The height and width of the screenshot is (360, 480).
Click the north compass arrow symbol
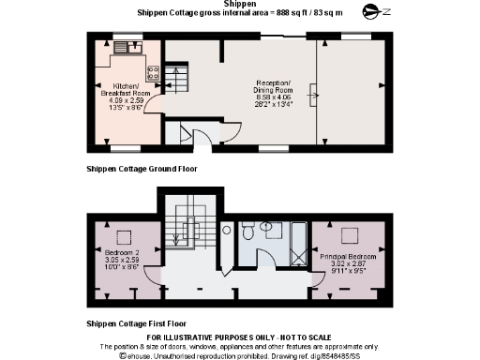coord(374,12)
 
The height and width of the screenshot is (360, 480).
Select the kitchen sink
coord(126,46)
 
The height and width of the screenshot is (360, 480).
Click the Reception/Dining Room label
coord(276,85)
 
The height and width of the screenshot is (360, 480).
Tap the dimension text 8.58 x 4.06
coord(276,96)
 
